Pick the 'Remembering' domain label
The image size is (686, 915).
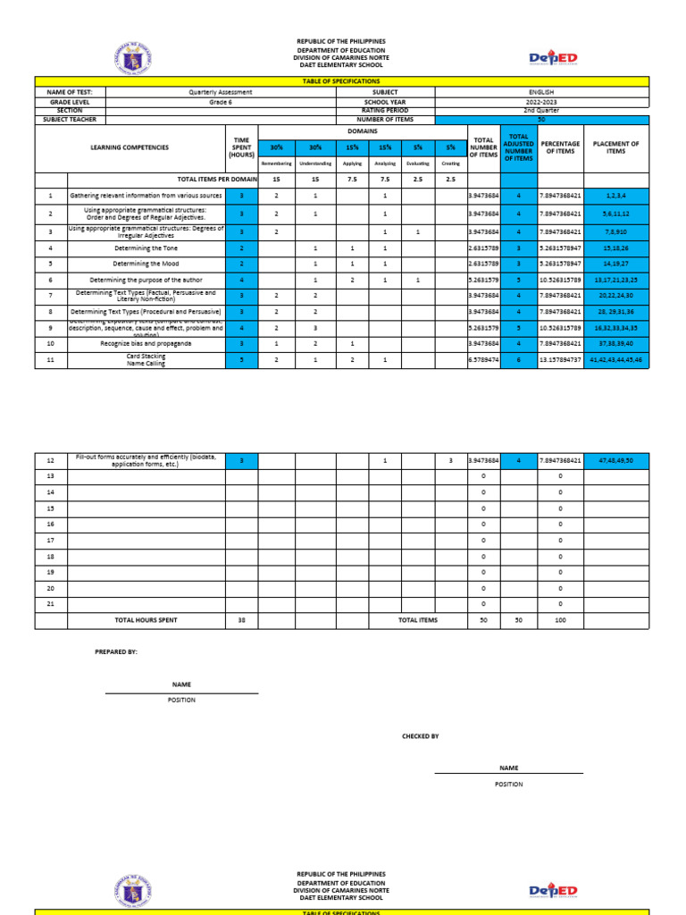276,164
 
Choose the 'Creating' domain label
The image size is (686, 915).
451,164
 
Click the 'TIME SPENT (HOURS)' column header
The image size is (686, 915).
240,147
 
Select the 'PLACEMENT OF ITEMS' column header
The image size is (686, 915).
615,147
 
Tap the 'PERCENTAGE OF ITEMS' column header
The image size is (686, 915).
560,147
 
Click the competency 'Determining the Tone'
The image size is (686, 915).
146,248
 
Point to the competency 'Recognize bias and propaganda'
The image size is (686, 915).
146,342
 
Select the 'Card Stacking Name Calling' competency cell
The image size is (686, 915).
146,359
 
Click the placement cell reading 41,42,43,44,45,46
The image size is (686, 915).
615,359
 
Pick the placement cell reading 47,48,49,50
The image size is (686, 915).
615,460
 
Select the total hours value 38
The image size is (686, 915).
241,620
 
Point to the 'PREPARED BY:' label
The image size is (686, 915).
116,652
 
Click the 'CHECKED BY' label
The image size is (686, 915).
421,736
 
